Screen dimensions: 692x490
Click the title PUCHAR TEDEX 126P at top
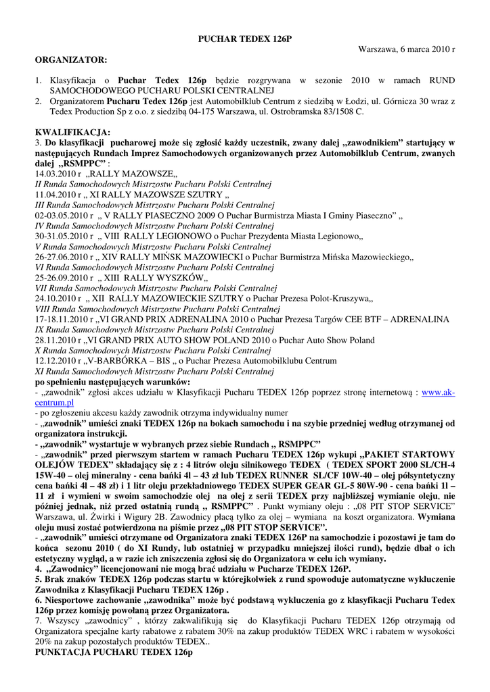click(244, 40)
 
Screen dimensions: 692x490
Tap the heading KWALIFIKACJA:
click(73, 132)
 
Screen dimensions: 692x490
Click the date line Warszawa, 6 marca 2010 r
click(406, 50)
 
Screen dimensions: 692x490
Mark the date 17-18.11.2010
click(60, 319)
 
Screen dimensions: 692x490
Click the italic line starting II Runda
click(152, 184)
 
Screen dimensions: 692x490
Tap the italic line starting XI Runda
click(154, 371)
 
